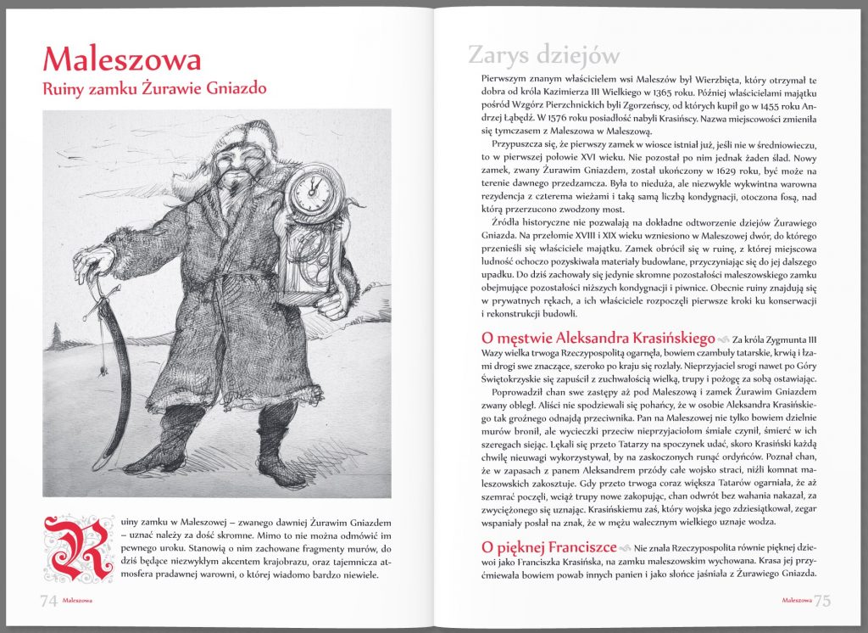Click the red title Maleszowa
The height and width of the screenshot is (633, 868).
pyautogui.click(x=122, y=59)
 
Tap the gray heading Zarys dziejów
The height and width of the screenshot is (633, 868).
pyautogui.click(x=544, y=55)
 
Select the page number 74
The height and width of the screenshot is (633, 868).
pyautogui.click(x=48, y=600)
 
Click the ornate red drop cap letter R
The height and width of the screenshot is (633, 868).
pyautogui.click(x=77, y=548)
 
